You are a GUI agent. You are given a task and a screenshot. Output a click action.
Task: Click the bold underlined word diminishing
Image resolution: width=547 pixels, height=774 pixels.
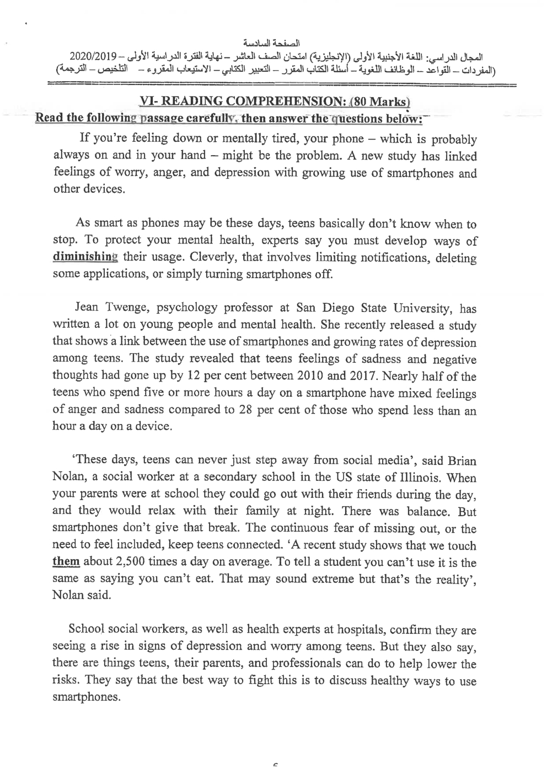85,257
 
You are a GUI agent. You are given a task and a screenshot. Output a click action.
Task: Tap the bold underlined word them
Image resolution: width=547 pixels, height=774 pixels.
66,563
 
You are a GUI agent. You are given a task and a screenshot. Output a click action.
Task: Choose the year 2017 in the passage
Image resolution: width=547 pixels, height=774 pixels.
377,376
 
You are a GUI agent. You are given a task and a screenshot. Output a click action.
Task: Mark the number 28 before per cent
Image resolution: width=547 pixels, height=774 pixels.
275,410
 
